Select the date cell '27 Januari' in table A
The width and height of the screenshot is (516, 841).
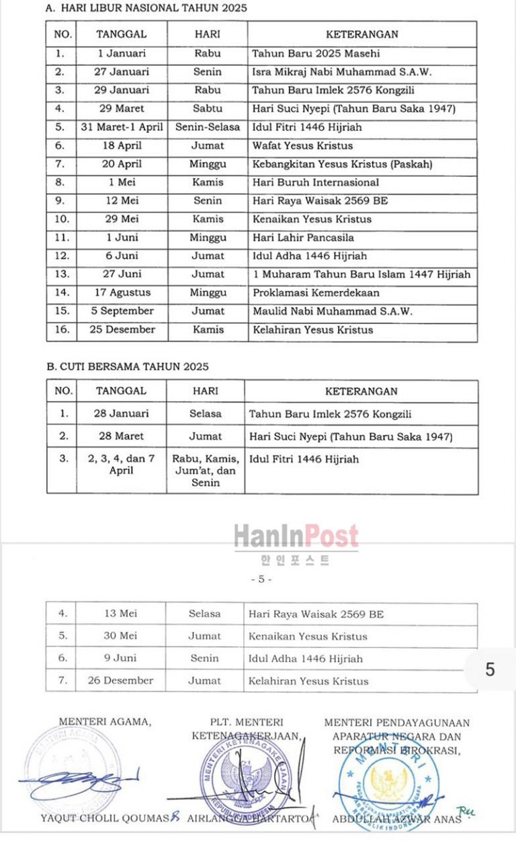click(121, 72)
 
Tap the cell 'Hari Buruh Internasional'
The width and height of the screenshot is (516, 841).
click(315, 182)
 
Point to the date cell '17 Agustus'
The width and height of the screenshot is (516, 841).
click(121, 292)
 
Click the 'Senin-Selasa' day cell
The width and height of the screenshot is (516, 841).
click(208, 127)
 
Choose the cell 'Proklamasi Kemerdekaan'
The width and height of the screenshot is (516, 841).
click(316, 292)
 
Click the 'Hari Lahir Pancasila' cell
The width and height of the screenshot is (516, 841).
click(303, 237)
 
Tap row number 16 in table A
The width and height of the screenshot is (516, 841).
click(61, 329)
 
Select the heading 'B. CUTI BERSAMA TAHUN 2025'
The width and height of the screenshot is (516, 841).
click(128, 366)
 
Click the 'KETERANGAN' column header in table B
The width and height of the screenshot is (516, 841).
click(361, 391)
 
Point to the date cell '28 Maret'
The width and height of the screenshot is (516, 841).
click(121, 436)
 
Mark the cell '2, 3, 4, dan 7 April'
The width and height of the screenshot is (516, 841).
click(121, 465)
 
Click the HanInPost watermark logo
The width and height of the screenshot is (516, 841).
click(296, 537)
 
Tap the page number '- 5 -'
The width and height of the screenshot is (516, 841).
click(261, 579)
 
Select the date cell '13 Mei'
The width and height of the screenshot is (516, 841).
click(120, 614)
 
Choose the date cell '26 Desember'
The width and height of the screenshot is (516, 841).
click(120, 680)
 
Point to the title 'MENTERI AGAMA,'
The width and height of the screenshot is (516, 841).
click(105, 722)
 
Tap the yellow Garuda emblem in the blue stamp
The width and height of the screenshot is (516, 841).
click(389, 782)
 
